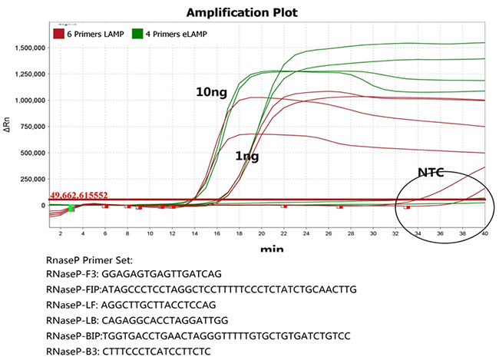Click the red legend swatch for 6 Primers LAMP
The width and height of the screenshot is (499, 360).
(x=58, y=34)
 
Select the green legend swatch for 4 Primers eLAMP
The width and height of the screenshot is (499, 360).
(x=138, y=34)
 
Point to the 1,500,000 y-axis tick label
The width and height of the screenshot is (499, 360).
(x=25, y=48)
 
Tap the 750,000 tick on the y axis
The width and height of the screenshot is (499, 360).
(x=29, y=126)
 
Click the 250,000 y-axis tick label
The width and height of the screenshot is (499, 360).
(x=29, y=179)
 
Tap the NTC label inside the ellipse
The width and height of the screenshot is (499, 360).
(x=432, y=172)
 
